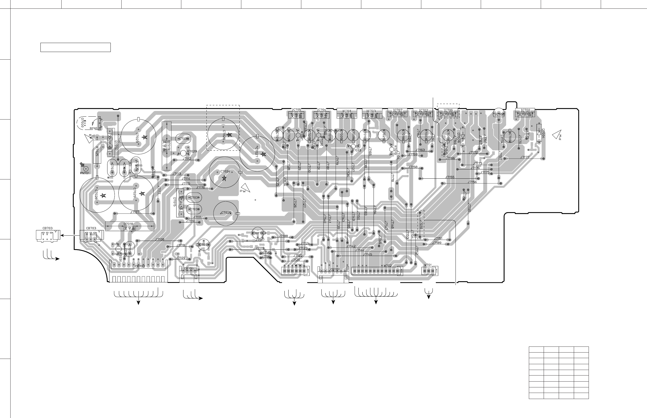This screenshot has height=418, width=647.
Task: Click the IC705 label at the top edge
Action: (x=296, y=110)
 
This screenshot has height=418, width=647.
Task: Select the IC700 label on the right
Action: (x=525, y=110)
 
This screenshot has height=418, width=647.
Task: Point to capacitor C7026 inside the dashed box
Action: (x=223, y=134)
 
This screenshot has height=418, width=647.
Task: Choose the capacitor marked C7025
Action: (x=226, y=213)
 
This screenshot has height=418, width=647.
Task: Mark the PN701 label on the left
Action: (x=85, y=173)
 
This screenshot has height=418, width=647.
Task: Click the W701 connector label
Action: (x=428, y=265)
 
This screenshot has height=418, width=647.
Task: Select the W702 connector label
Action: (x=388, y=265)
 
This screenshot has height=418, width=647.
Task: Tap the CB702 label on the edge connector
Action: (x=140, y=266)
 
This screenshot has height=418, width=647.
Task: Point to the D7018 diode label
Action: (x=128, y=224)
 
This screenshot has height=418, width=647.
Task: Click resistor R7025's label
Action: (x=97, y=151)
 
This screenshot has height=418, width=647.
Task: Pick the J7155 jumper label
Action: (x=450, y=177)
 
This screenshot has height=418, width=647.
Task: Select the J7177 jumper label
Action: (x=525, y=157)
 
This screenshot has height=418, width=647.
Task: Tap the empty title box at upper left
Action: (x=75, y=47)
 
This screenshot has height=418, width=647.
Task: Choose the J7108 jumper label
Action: (x=160, y=239)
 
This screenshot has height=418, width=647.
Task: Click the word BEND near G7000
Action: (x=93, y=128)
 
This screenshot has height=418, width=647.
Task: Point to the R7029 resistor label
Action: (x=192, y=151)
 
